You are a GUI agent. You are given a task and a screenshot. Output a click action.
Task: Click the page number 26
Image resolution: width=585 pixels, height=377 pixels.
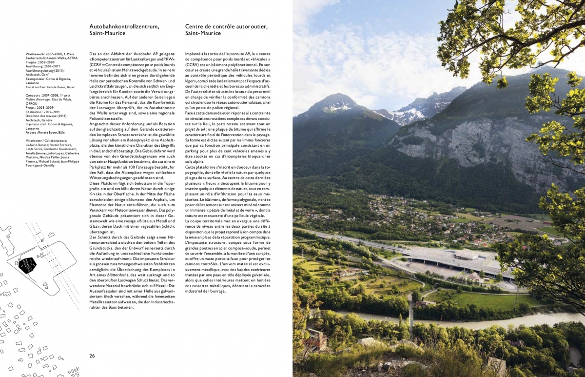coord(92,356)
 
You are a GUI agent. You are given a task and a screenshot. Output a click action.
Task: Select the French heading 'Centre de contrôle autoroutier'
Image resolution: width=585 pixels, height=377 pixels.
coord(226,26)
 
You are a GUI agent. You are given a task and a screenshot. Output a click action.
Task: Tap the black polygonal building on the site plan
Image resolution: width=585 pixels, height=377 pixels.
coord(27,264)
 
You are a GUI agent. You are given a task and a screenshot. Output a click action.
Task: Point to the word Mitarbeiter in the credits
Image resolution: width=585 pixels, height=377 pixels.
coord(35,140)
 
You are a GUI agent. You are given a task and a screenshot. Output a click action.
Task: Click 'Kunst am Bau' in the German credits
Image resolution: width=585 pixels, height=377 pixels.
coord(36,87)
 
